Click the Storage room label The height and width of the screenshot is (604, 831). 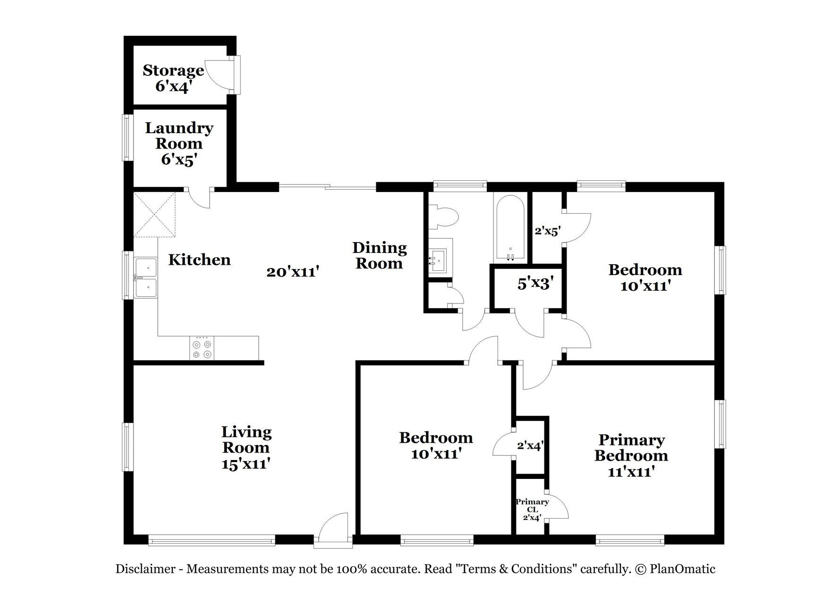pos(173,70)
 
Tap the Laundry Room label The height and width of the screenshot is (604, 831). pos(179,135)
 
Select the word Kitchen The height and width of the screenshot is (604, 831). pos(199,260)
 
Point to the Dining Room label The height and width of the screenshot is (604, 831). pos(380,255)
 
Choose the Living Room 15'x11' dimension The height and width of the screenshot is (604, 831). pos(246,463)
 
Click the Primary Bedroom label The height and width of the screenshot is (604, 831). pos(631,448)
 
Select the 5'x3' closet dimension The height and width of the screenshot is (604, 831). pos(535,284)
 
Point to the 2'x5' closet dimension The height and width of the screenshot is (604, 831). pos(547,231)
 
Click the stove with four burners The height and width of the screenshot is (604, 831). pos(202,348)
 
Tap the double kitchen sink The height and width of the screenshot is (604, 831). pos(146,277)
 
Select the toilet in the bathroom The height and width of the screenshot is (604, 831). pos(444,217)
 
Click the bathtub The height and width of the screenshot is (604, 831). pos(510,227)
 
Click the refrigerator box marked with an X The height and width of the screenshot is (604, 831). pos(154,214)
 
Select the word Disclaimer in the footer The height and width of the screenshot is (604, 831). pos(145,569)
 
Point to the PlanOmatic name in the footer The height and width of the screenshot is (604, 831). pos(683,569)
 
